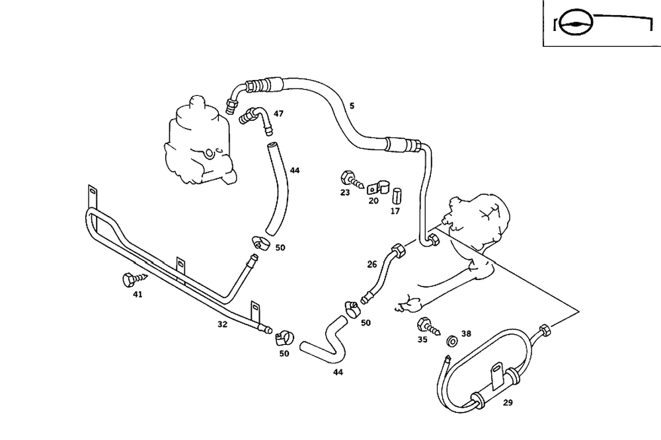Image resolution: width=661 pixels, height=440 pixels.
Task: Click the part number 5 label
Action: (x=352, y=106)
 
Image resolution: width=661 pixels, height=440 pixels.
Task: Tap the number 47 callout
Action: (x=278, y=114)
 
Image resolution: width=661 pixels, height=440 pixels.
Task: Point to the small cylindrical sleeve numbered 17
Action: (x=397, y=196)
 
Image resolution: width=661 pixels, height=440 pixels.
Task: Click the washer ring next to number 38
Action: (x=453, y=341)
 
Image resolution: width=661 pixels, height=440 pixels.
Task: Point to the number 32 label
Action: (x=223, y=324)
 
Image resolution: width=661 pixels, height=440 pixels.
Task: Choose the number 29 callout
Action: (x=508, y=402)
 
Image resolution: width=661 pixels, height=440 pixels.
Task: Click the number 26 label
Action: (x=372, y=264)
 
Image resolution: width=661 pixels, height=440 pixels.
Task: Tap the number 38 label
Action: (x=466, y=334)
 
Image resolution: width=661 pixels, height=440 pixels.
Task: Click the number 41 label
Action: (x=137, y=295)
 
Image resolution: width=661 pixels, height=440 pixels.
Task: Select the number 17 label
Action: (x=395, y=211)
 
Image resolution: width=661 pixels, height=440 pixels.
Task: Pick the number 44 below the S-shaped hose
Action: (x=338, y=372)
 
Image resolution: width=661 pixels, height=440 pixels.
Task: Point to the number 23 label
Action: (x=344, y=193)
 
